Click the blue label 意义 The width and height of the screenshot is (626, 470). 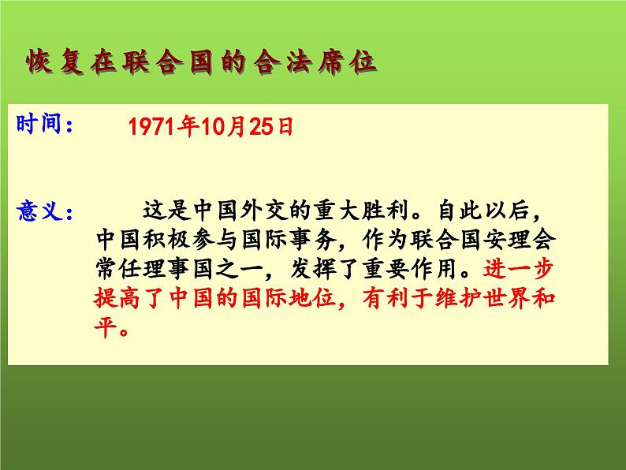point(40,211)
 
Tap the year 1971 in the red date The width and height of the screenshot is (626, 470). point(148,129)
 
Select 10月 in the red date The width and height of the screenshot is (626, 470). point(204,129)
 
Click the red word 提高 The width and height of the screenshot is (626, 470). point(114,300)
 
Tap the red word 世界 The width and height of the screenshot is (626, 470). point(509,300)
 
